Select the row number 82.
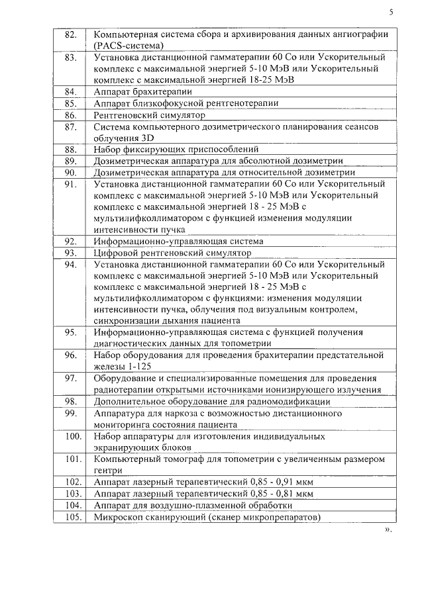pyautogui.click(x=71, y=34)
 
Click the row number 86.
pyautogui.click(x=71, y=115)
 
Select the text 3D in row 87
pyautogui.click(x=147, y=138)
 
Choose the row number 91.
pyautogui.click(x=71, y=184)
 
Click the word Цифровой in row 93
pyautogui.click(x=117, y=253)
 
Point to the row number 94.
pyautogui.click(x=71, y=264)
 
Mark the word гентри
pyautogui.click(x=109, y=471)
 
